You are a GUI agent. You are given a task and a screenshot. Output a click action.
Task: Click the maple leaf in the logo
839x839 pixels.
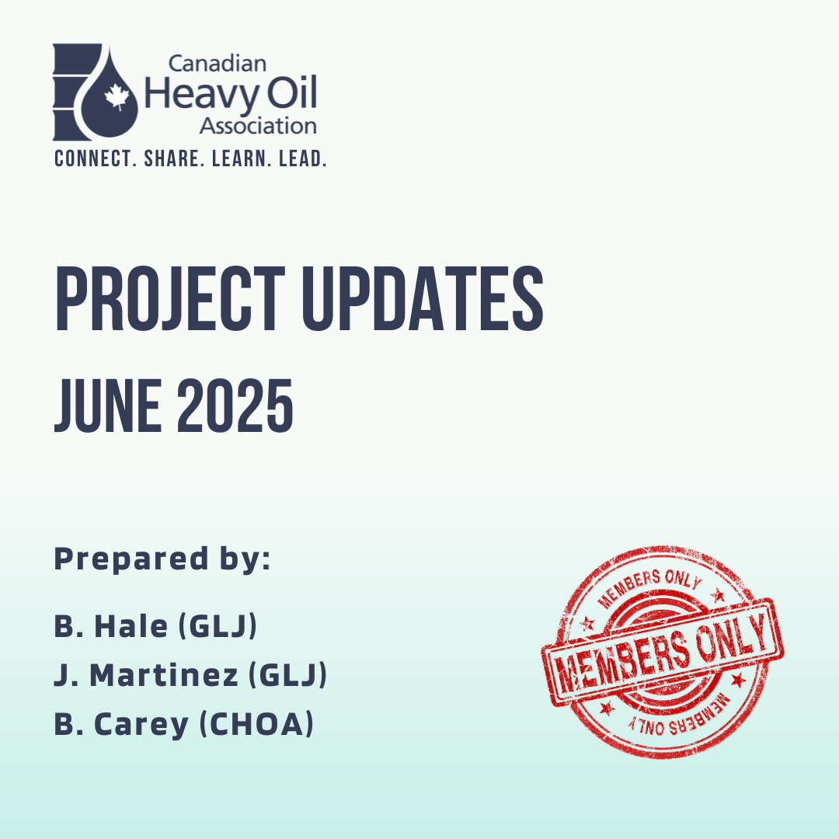tap(117, 97)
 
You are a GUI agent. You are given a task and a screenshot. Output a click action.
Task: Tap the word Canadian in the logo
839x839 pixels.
tap(218, 64)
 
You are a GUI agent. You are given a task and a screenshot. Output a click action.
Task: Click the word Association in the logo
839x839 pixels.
tap(258, 127)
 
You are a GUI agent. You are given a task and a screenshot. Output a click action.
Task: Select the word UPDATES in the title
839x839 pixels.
tap(423, 298)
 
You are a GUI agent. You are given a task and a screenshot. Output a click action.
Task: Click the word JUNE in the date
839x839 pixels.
tap(108, 406)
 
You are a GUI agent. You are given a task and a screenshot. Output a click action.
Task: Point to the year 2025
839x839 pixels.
tap(235, 406)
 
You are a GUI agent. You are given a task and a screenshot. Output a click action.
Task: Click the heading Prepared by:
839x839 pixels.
tap(162, 560)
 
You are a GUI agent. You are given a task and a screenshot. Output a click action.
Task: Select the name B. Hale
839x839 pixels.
tap(111, 626)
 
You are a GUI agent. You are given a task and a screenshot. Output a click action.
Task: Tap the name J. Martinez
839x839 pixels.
tap(146, 675)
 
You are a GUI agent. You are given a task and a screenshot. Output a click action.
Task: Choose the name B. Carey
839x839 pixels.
tap(121, 725)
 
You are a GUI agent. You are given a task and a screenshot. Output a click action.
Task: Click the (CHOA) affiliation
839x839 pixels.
tap(256, 724)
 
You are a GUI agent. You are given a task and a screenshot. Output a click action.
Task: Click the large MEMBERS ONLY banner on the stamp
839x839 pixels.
tap(663, 651)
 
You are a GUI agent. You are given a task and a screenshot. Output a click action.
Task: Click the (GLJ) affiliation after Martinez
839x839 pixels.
tap(288, 675)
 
